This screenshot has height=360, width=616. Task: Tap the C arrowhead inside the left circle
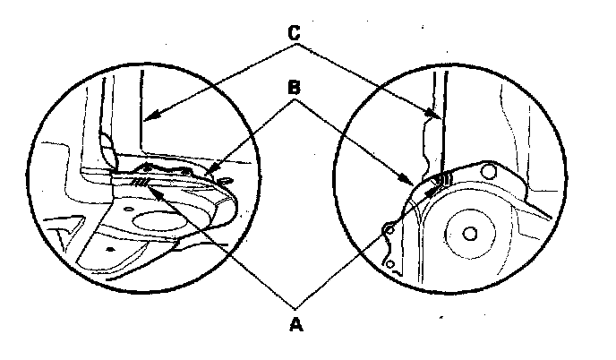pos(150,116)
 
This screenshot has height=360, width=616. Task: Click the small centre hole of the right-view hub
pos(470,234)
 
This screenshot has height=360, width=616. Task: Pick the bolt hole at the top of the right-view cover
pos(488,170)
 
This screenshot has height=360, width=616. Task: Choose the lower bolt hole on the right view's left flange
pos(390,263)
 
